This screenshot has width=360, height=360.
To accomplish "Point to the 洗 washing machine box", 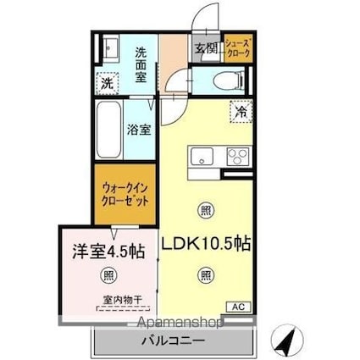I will tap(107, 83).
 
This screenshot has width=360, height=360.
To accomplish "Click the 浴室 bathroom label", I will tap(139, 130).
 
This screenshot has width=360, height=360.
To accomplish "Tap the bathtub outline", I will tap(108, 131).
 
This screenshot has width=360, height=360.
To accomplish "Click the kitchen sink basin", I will tap(202, 157).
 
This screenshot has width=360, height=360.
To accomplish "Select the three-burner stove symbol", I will tap(235, 157).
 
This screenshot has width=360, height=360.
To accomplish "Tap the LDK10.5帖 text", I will tap(207, 243).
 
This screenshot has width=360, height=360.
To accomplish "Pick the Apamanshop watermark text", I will tap(174, 323).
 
